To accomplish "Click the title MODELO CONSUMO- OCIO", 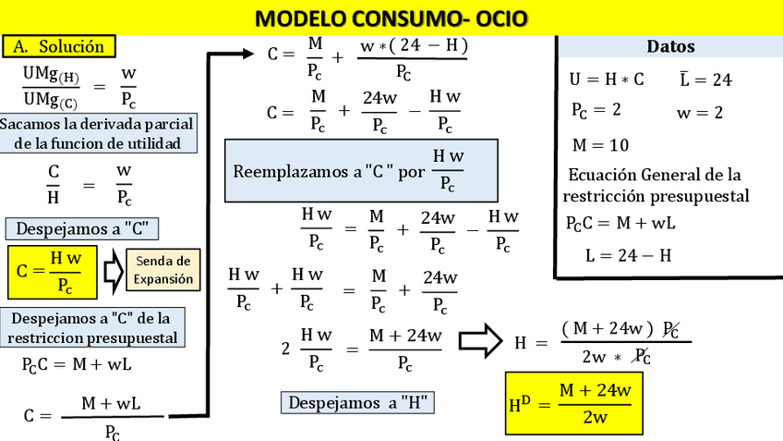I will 391,18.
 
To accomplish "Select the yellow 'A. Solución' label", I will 59,46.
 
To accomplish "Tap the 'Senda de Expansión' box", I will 163,270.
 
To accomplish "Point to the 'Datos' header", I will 670,46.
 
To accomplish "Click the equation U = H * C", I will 607,80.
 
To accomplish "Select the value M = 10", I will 600,145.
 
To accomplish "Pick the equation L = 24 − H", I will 628,255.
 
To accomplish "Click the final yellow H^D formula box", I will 572,403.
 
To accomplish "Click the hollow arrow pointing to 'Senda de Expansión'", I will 113,271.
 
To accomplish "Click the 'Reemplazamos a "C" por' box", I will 361,171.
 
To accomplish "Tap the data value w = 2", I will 699,113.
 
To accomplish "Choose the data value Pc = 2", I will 596,111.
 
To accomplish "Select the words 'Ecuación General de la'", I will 655,175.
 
